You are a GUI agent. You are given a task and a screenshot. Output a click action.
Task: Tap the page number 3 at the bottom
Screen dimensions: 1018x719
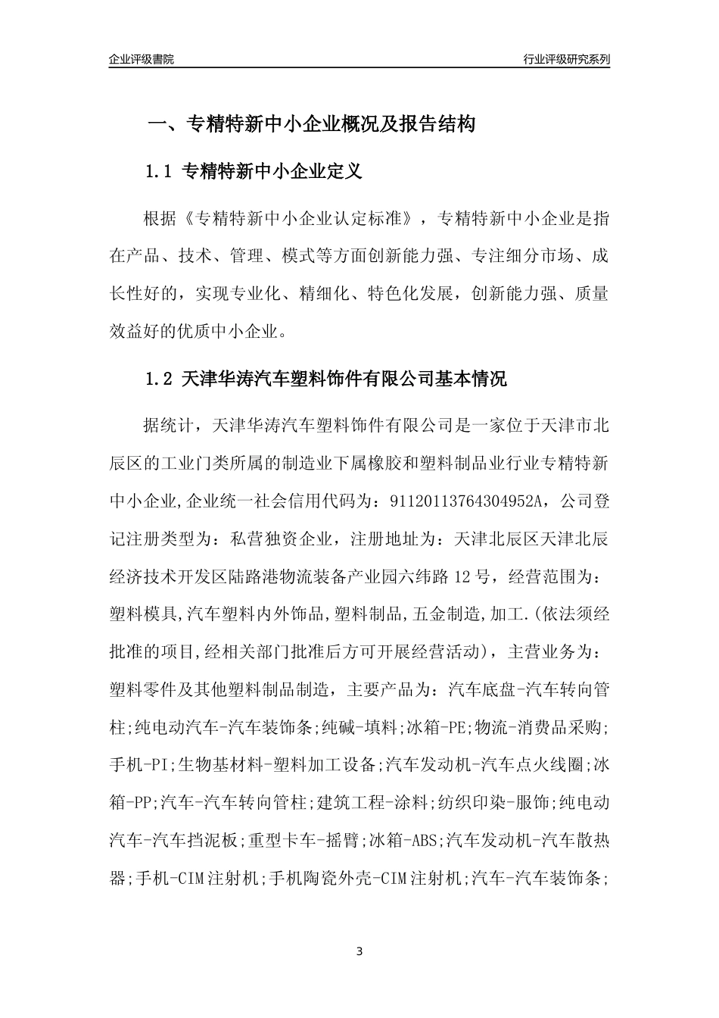pyautogui.click(x=359, y=951)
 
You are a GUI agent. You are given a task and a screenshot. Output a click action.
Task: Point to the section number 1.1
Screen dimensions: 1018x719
pyautogui.click(x=159, y=172)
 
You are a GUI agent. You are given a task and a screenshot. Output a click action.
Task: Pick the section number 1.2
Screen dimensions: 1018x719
pyautogui.click(x=159, y=379)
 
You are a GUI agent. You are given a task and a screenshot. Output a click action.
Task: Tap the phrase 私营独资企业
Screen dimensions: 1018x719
pyautogui.click(x=288, y=539)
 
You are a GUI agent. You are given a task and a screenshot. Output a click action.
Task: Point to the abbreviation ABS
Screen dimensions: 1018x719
pyautogui.click(x=424, y=840)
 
